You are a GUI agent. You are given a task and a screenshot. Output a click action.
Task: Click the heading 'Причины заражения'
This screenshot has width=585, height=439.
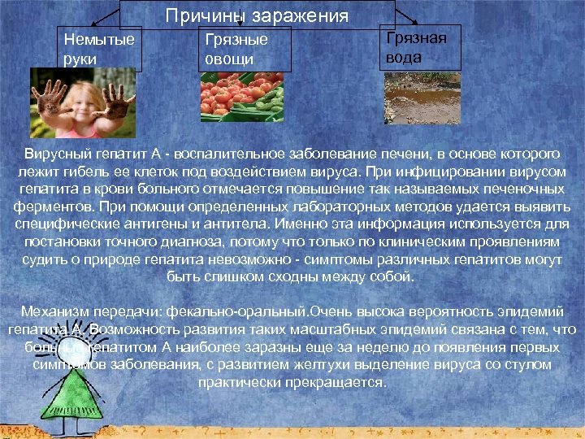tap(258, 15)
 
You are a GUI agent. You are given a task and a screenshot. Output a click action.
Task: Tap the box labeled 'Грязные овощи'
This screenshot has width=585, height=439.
tap(243, 49)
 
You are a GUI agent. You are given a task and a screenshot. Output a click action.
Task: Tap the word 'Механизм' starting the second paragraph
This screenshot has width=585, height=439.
tap(50, 312)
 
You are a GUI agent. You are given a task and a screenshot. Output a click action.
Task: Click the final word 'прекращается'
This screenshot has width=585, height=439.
tap(338, 383)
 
